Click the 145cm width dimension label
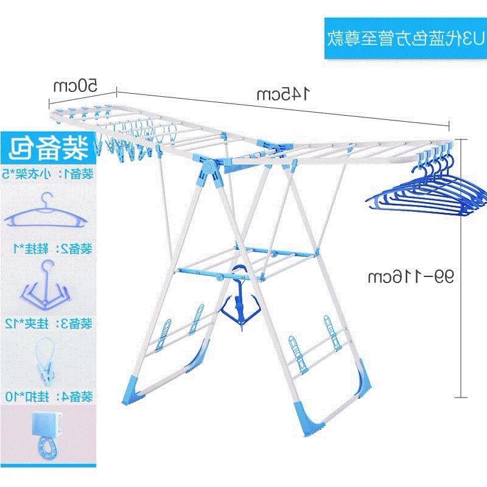pos(283,94)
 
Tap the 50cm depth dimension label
pos(75,85)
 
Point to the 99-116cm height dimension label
pos(412,278)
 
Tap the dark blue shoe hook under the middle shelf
pos(240,304)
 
